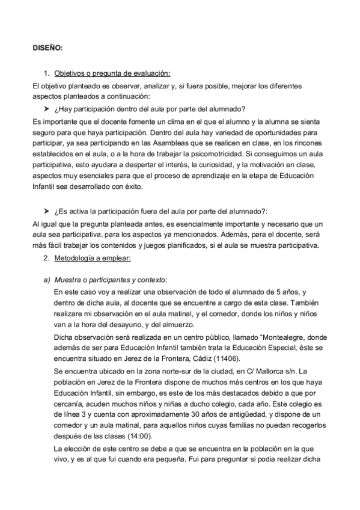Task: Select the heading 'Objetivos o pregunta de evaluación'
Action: (112, 73)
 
